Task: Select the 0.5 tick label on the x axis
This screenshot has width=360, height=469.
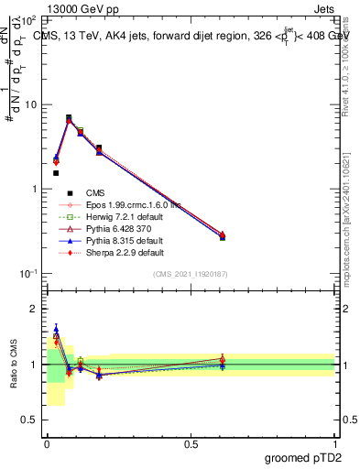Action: [191, 443]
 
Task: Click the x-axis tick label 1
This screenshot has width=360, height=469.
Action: [334, 443]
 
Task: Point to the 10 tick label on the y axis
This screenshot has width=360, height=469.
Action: [33, 104]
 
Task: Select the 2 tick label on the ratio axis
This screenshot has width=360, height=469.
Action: [35, 309]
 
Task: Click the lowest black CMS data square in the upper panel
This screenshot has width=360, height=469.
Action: [56, 172]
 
